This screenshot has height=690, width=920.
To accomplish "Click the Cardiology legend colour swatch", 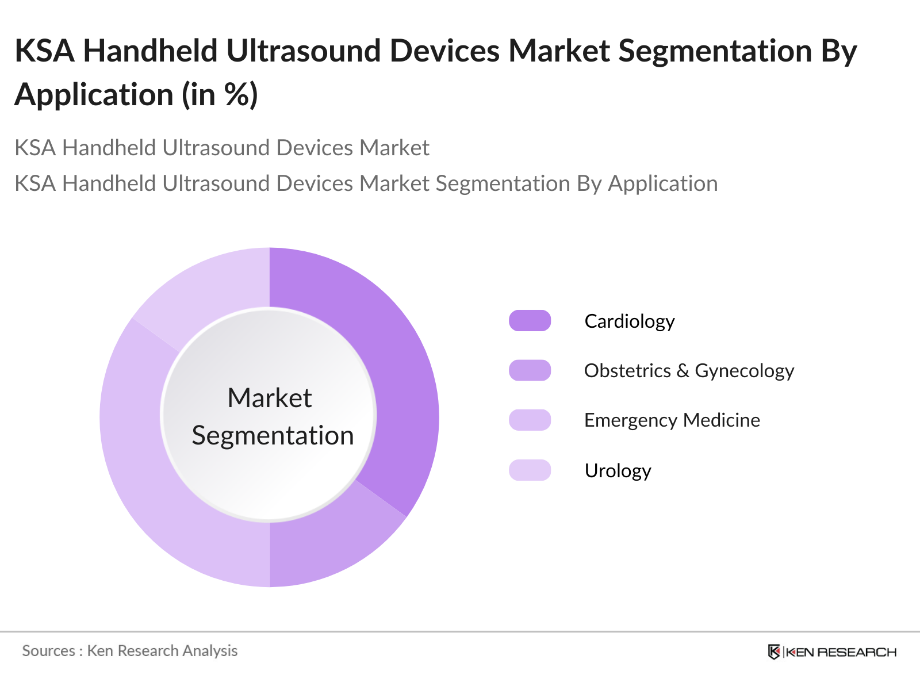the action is (x=530, y=321).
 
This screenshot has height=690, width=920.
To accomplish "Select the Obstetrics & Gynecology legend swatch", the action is (x=530, y=370).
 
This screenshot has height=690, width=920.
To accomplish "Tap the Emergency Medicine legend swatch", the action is (x=530, y=420).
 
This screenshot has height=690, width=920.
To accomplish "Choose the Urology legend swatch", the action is (x=530, y=470).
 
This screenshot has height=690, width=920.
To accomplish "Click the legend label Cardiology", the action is (x=630, y=322).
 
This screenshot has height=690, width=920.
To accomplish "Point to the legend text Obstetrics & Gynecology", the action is (x=689, y=371).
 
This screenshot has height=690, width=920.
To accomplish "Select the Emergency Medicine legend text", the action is (x=672, y=420).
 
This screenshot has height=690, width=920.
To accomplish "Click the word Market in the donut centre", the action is (x=270, y=397).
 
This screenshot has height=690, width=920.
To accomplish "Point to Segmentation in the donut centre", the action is (x=273, y=436).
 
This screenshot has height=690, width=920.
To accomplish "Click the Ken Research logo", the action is (x=831, y=652).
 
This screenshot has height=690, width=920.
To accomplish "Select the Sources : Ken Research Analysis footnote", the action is (x=129, y=651).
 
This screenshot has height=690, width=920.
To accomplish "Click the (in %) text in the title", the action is (x=219, y=95).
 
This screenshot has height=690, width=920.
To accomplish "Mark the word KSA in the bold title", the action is (x=45, y=51).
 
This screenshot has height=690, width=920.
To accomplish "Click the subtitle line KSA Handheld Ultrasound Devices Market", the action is (x=222, y=147).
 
